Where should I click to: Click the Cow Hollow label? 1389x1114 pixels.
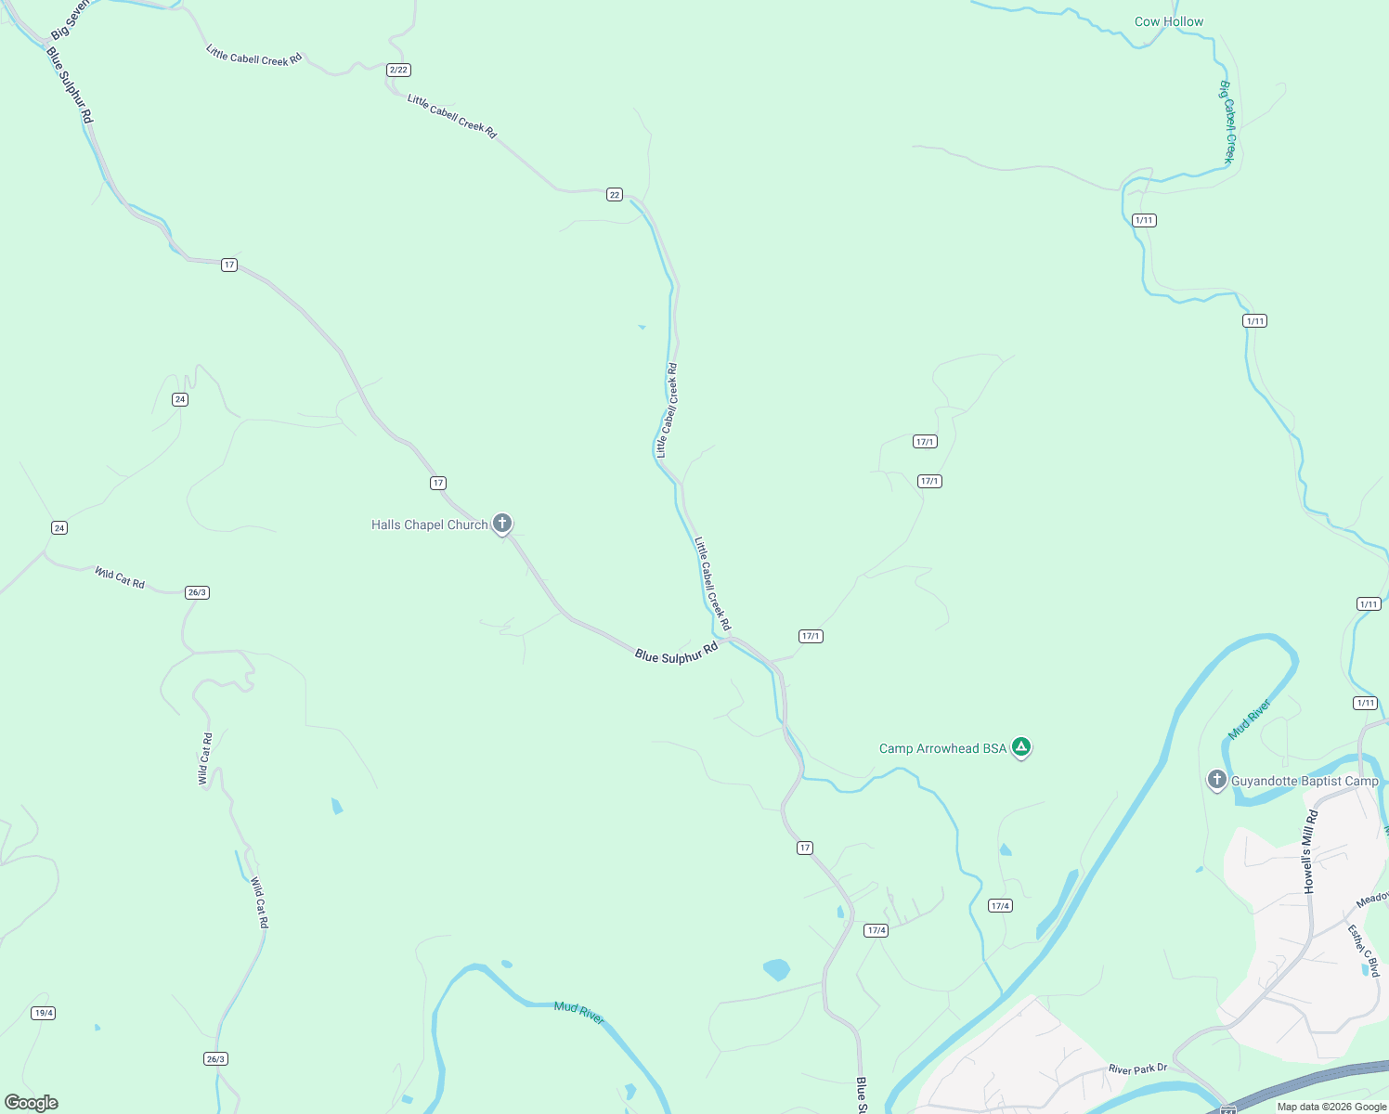point(1169,21)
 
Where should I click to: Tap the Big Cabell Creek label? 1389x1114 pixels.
point(1227,122)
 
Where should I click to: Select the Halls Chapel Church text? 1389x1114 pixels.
point(429,525)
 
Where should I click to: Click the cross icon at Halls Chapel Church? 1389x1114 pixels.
point(502,524)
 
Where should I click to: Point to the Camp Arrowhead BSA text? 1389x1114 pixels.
point(942,748)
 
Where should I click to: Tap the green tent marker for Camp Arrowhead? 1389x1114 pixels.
point(1021,746)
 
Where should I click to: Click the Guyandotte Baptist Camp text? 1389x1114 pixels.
point(1305,781)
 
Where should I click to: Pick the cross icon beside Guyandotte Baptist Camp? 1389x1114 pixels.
point(1217,779)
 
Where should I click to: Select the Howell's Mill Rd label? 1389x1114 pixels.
point(1310,851)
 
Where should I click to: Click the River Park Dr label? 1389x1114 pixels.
point(1137,1069)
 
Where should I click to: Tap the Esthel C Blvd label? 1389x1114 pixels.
point(1364,950)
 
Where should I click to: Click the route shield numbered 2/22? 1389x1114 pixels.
point(398,70)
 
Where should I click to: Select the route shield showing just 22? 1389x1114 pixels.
point(615,194)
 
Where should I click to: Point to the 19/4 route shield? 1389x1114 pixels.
point(44,1013)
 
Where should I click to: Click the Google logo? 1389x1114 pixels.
point(32,1103)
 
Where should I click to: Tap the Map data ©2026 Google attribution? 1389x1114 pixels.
point(1331,1107)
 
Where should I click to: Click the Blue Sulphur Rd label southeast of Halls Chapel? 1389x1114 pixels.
point(677,652)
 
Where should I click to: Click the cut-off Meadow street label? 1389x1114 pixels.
point(1372,899)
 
